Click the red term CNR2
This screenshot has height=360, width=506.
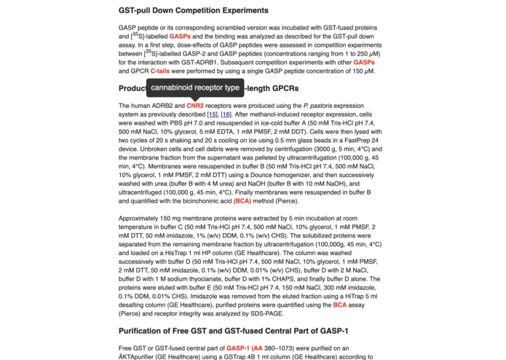click(x=195, y=106)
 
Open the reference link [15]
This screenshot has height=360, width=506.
click(x=212, y=114)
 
